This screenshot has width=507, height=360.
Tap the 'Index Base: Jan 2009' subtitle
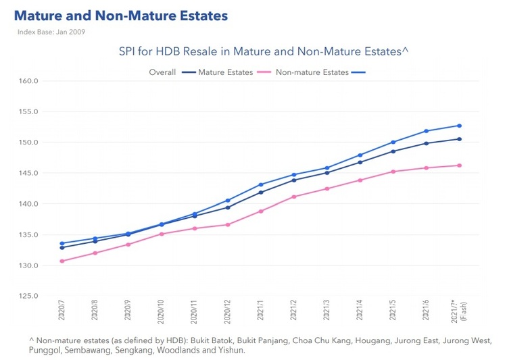51,31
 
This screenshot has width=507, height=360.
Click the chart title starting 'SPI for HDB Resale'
264,51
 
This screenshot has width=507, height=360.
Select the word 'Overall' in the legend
162,72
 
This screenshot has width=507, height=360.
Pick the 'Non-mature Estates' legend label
312,72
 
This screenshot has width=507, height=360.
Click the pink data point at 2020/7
62,261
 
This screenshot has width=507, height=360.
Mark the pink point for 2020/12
228,225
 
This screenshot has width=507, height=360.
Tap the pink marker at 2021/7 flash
460,165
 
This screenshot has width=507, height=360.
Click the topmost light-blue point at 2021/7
460,126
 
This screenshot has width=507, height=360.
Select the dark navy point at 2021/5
393,151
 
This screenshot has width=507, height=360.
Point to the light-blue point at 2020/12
228,201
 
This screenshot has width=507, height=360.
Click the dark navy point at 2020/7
62,247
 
